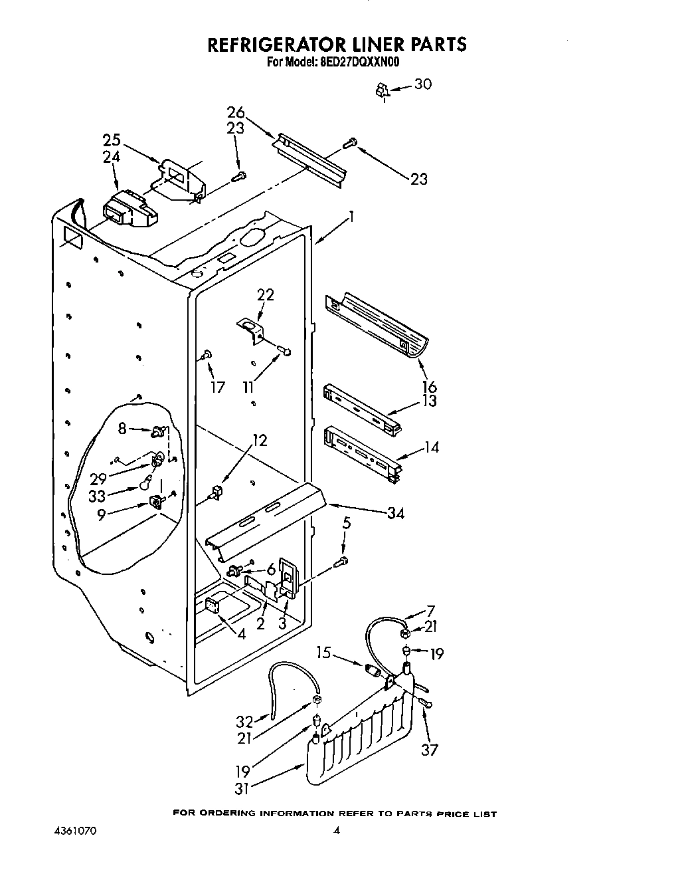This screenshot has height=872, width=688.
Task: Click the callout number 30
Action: (x=422, y=84)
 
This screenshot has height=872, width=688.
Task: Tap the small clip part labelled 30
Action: (x=381, y=91)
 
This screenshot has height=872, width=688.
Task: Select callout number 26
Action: (x=236, y=113)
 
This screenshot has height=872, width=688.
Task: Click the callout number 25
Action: (x=112, y=140)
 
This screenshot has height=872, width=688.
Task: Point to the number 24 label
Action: (x=112, y=158)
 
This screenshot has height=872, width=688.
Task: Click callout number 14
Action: (x=432, y=447)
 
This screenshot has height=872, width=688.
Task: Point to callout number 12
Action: (x=260, y=440)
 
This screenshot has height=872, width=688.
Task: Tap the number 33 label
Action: (x=97, y=495)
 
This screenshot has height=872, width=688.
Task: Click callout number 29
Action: (x=98, y=478)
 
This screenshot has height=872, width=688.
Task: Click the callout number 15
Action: (x=323, y=653)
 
